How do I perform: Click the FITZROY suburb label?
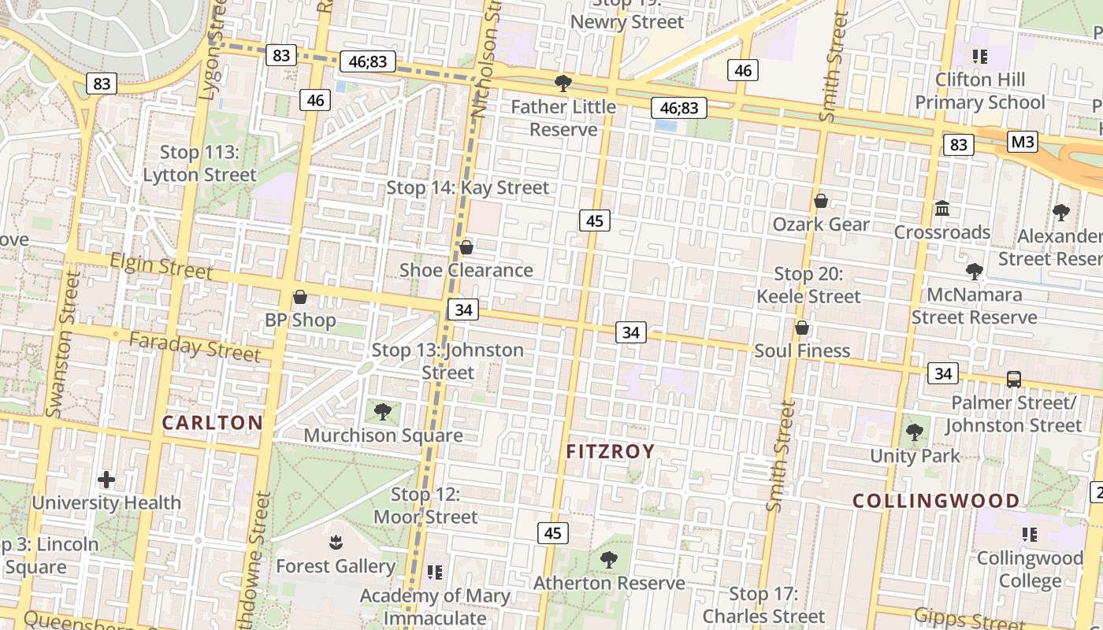tap(611, 451)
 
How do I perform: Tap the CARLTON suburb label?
tap(213, 422)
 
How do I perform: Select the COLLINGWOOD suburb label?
tap(936, 501)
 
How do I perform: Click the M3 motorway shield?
tap(1023, 142)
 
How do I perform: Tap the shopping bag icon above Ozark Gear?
tap(821, 201)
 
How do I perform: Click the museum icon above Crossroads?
tap(942, 209)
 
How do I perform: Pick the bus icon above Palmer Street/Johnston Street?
tap(1014, 379)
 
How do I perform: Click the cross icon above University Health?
tap(106, 479)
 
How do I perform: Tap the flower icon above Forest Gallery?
tap(336, 543)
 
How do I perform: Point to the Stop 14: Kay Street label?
tap(467, 187)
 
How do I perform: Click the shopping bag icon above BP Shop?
tap(299, 297)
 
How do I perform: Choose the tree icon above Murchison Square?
tap(383, 411)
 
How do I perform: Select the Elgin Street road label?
tap(162, 266)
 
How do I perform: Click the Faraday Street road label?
tap(195, 346)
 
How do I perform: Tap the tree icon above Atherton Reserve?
tap(609, 560)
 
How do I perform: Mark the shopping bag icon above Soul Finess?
tap(802, 328)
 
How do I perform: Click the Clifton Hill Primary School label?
tap(980, 91)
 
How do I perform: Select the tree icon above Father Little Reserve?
tap(563, 83)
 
